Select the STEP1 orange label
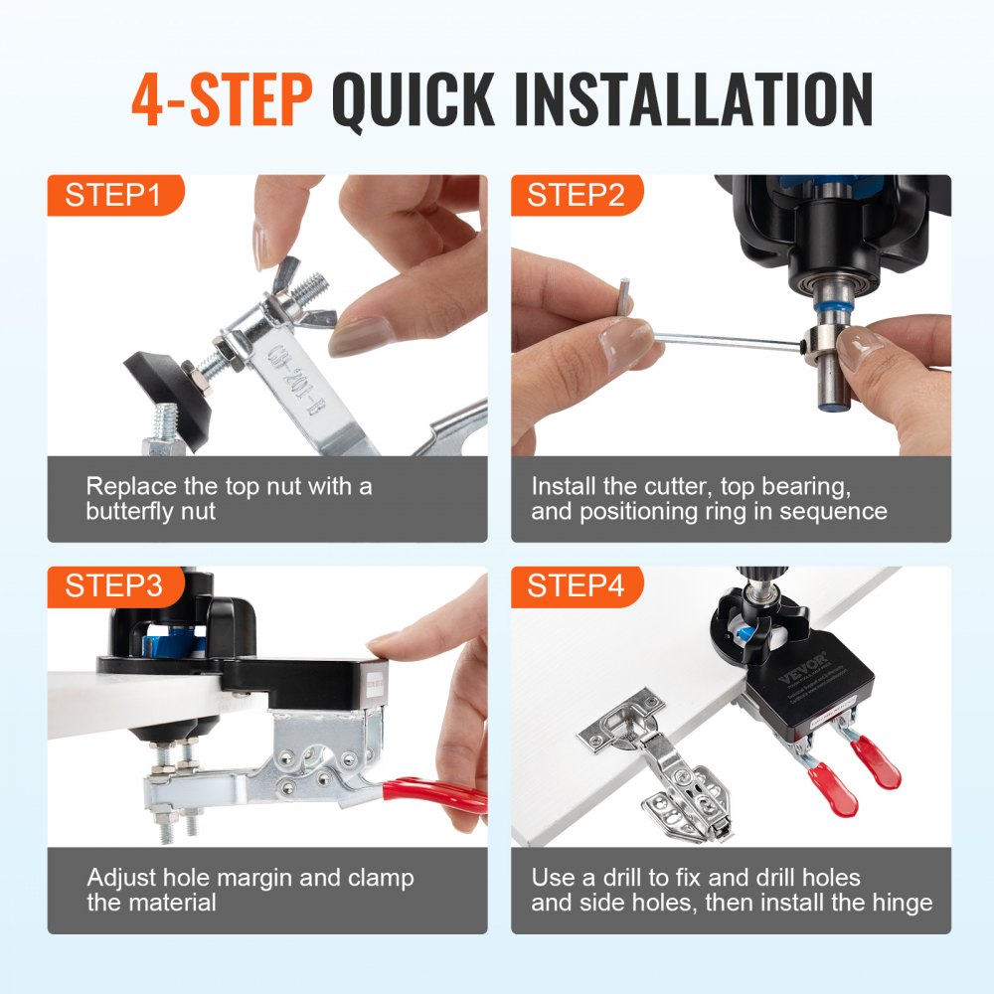[112, 195]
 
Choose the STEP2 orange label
[576, 195]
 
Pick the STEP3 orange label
[112, 586]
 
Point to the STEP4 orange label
[576, 586]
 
